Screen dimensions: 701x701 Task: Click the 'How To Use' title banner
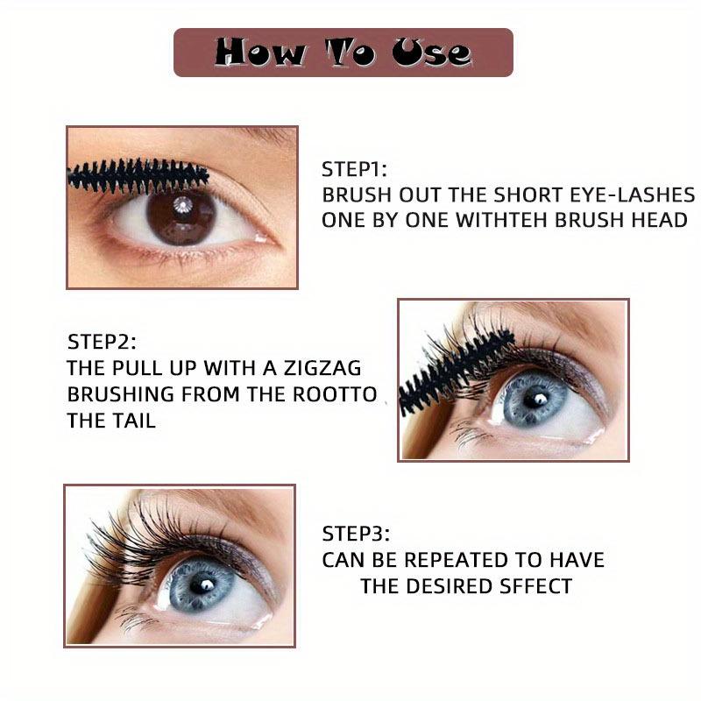click(343, 53)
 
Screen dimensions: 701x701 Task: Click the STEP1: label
click(354, 169)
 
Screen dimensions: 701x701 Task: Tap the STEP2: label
click(102, 341)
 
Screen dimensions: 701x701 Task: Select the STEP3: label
click(354, 534)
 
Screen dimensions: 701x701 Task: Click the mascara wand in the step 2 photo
click(447, 368)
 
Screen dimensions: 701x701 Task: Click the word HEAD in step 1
click(658, 220)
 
